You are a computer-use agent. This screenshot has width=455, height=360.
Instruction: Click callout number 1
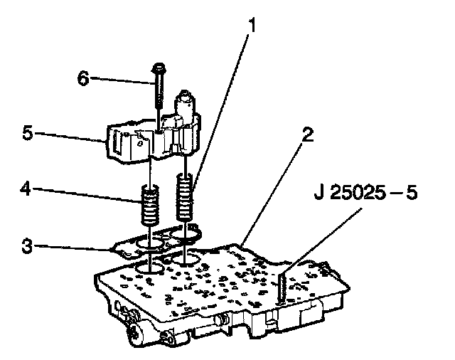(252, 25)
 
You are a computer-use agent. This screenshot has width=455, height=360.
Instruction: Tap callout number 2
(308, 134)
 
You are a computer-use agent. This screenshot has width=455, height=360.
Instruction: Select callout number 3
(27, 246)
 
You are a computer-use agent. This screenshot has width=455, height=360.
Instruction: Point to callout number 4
(26, 189)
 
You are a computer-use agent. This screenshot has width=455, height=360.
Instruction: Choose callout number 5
(28, 133)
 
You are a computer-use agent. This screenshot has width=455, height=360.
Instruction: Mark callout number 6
(83, 78)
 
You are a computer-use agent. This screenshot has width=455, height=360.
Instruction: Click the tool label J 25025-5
(365, 193)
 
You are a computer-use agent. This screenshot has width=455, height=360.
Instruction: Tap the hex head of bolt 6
(158, 68)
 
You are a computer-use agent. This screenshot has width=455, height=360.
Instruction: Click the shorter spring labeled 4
(150, 206)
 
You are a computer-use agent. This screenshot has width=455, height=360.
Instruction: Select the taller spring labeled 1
(185, 197)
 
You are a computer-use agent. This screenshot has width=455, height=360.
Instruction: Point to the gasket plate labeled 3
(156, 241)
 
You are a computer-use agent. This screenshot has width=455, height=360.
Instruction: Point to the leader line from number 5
(70, 137)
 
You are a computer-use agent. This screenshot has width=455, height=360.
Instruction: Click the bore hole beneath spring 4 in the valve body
(150, 268)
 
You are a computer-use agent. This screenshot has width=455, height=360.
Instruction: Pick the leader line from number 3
(73, 248)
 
